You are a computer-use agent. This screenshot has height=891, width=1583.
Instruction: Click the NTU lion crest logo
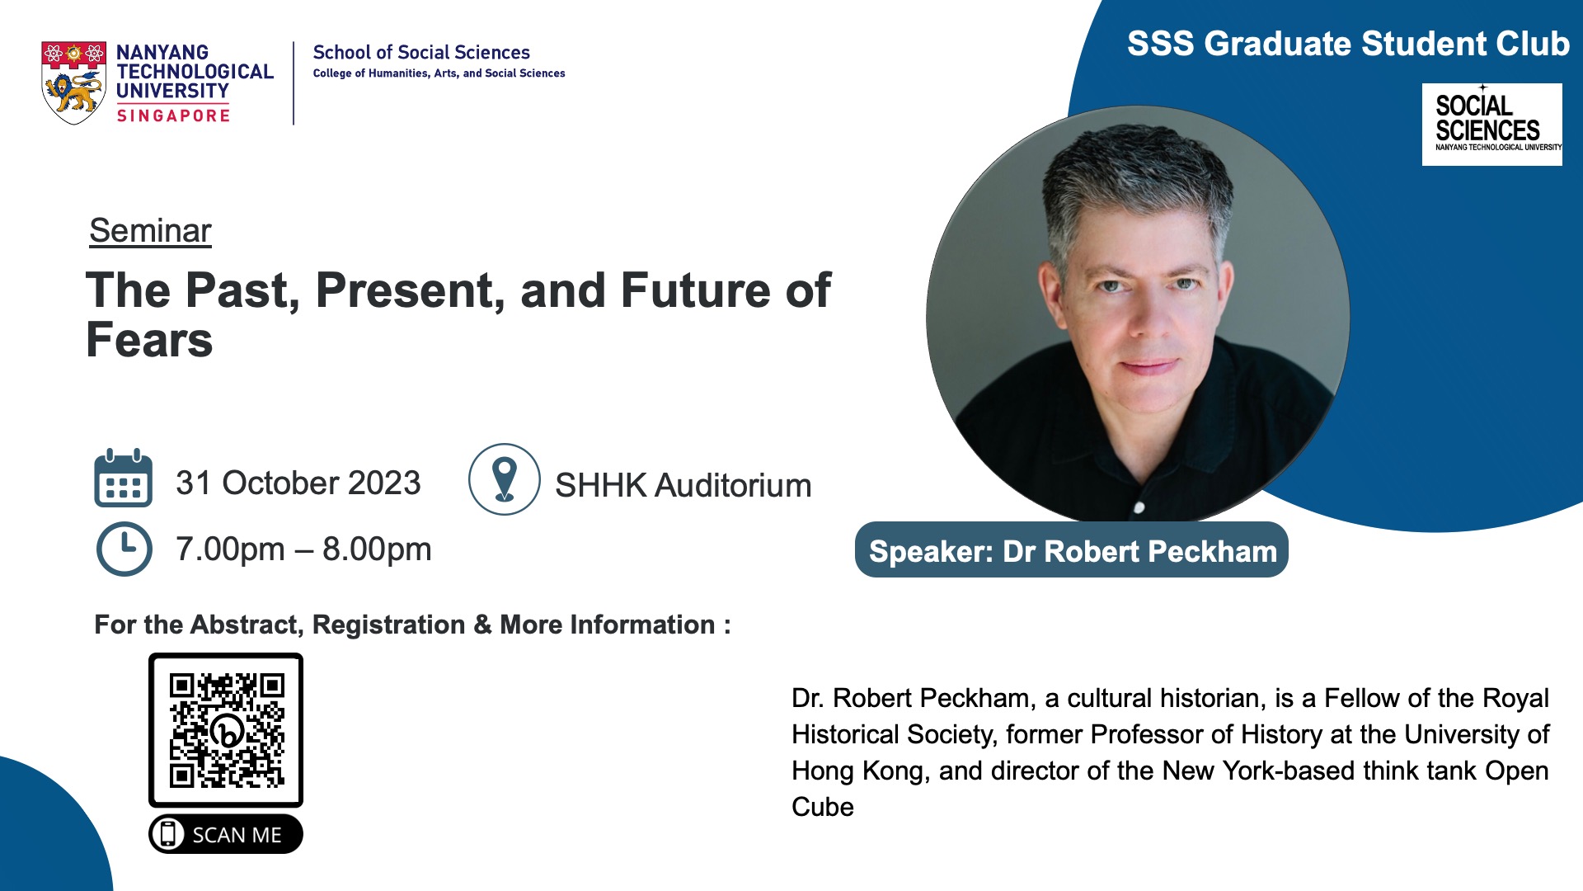[73, 82]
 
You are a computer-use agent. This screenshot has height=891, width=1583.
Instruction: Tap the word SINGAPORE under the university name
[173, 116]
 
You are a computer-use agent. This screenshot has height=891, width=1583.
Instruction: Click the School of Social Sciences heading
[421, 53]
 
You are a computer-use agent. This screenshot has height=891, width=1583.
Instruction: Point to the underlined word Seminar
[150, 231]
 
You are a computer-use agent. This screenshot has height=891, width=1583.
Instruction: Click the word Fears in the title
[149, 340]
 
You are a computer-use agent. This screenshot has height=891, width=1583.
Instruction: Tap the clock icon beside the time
[124, 549]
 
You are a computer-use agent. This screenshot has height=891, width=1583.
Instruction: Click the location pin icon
[505, 479]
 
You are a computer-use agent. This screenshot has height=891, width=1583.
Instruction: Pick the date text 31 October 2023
[298, 483]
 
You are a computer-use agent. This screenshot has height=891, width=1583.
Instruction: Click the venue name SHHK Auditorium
[683, 485]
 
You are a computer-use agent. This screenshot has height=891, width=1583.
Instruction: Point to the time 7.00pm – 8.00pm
[303, 549]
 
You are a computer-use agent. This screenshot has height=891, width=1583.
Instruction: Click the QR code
[226, 730]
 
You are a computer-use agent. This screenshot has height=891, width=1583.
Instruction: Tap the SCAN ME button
[226, 834]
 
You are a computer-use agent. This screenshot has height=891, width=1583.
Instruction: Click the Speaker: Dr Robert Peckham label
[1072, 550]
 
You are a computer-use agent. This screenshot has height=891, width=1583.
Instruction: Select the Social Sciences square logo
[1492, 125]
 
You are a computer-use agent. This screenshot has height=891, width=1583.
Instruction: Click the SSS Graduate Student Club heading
[1348, 44]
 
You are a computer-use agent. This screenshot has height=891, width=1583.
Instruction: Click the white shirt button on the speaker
[1139, 507]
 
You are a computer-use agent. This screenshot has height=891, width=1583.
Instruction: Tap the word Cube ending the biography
[823, 807]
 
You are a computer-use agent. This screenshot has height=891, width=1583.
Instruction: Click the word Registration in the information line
[389, 625]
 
